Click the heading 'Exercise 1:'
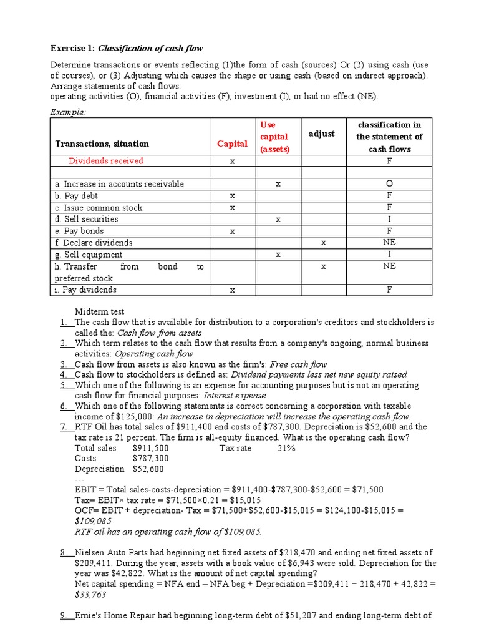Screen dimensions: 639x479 [x=72, y=49]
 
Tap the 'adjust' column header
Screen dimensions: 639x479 [x=322, y=134]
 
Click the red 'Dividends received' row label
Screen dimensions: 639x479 [x=105, y=161]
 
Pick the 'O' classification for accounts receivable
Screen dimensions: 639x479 [x=389, y=184]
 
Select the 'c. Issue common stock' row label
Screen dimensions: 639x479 [x=99, y=208]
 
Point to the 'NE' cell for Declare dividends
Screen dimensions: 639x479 [x=389, y=243]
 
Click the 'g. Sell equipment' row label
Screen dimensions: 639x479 [x=89, y=255]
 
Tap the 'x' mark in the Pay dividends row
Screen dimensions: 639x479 [x=232, y=290]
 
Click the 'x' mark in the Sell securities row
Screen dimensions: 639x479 [x=278, y=219]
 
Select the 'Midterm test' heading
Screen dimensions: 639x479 [x=100, y=311]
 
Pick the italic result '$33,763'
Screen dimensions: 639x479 [x=91, y=595]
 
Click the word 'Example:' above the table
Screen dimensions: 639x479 [x=68, y=112]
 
